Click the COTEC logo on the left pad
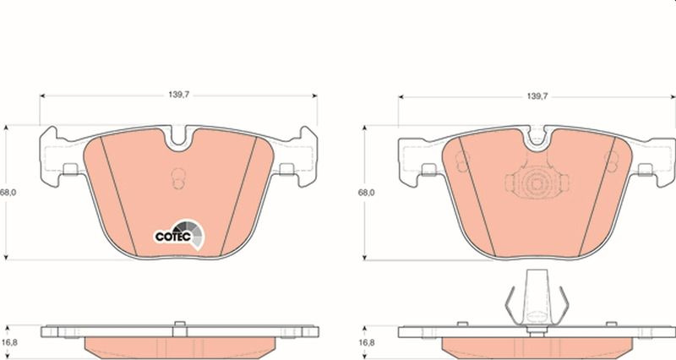click(x=179, y=235)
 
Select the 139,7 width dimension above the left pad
click(x=178, y=95)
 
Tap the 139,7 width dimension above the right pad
click(x=537, y=96)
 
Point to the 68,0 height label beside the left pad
click(x=8, y=193)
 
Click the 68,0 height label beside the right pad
click(x=367, y=193)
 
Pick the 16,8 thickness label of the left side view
click(x=9, y=342)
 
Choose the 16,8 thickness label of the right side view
click(x=367, y=343)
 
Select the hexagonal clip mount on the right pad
click(x=537, y=183)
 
